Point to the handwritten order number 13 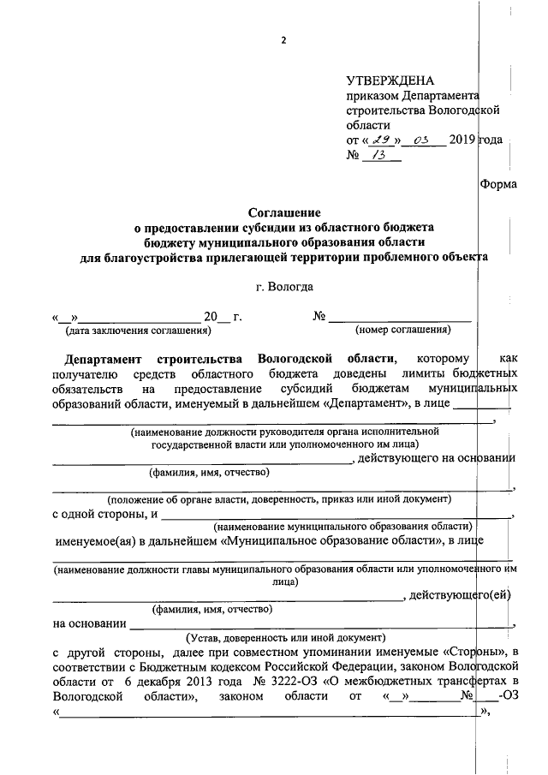tap(378, 156)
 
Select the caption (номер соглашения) tap(402, 330)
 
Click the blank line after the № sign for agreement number tap(399, 317)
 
